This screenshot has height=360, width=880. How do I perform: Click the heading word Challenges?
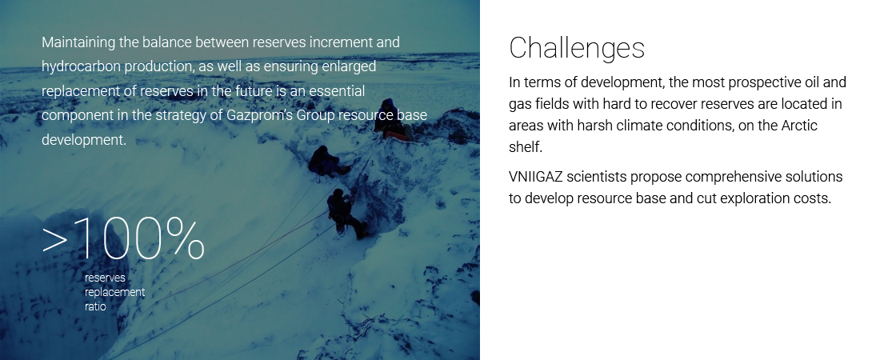click(577, 48)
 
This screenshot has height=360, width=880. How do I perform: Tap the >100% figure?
click(123, 239)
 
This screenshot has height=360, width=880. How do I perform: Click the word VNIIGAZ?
click(535, 177)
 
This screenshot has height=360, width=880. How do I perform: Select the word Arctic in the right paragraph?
click(799, 126)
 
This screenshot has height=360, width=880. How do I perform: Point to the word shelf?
click(526, 147)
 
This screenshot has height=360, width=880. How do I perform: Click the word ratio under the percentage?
click(95, 306)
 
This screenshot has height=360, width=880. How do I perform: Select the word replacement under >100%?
click(114, 293)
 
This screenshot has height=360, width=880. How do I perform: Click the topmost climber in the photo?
click(389, 119)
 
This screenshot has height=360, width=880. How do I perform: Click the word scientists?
click(597, 177)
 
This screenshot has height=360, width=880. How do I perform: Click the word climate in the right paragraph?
click(638, 126)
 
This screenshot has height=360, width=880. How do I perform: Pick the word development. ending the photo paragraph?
click(84, 141)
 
